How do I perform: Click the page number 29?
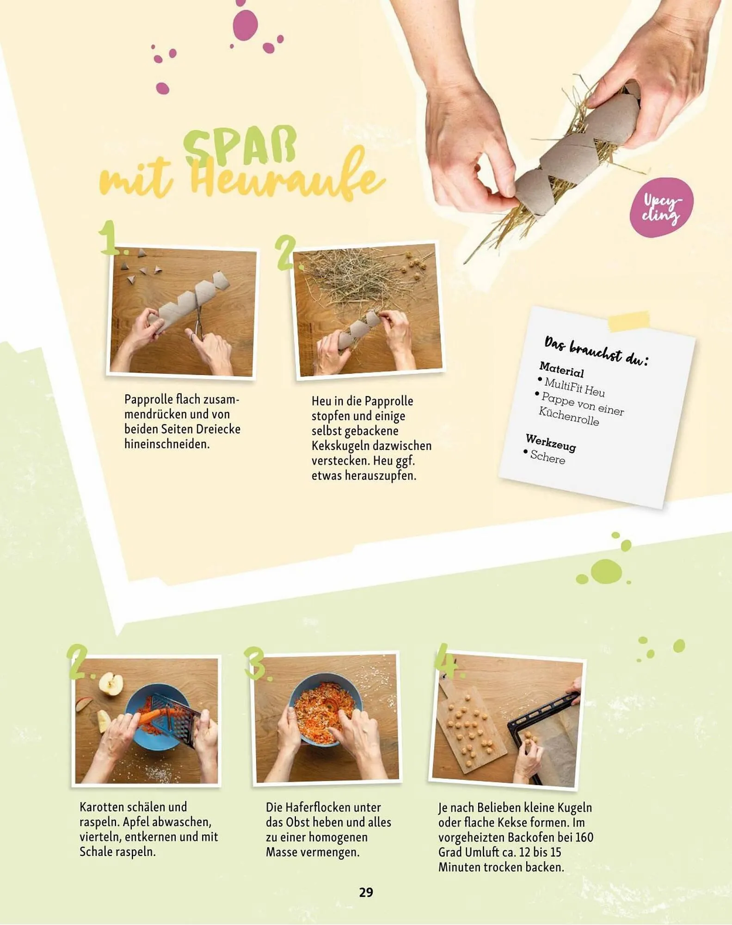(366, 892)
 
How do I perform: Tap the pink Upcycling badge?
(661, 207)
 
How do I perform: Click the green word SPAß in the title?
(240, 146)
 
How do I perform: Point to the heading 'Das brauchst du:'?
(597, 351)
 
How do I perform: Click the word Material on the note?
(561, 370)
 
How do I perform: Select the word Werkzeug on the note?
(551, 443)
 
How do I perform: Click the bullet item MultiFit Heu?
(572, 387)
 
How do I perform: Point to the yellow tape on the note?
(629, 321)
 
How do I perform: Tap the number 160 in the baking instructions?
(584, 837)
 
